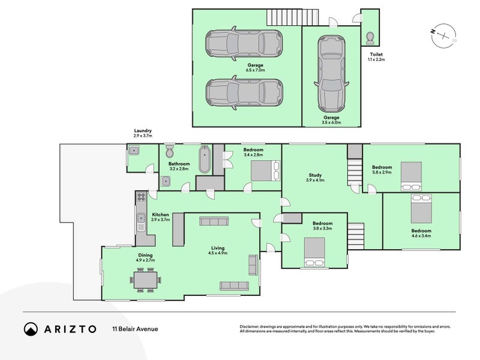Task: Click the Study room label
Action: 315,175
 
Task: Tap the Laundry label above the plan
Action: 143,131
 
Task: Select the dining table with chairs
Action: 145,280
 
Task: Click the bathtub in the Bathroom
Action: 205,159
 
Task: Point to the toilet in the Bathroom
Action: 169,151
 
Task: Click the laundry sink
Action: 134,151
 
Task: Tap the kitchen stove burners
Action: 141,197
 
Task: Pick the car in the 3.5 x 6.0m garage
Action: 331,74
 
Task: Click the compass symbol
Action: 443,35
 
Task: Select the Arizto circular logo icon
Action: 31,329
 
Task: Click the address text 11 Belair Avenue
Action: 135,329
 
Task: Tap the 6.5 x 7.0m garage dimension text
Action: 256,70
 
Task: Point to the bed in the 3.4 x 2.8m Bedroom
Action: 265,170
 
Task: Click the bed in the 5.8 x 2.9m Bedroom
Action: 411,176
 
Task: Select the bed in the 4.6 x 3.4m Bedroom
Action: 421,208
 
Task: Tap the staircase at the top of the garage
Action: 293,17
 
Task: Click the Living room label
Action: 218,248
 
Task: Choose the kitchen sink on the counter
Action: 141,218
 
